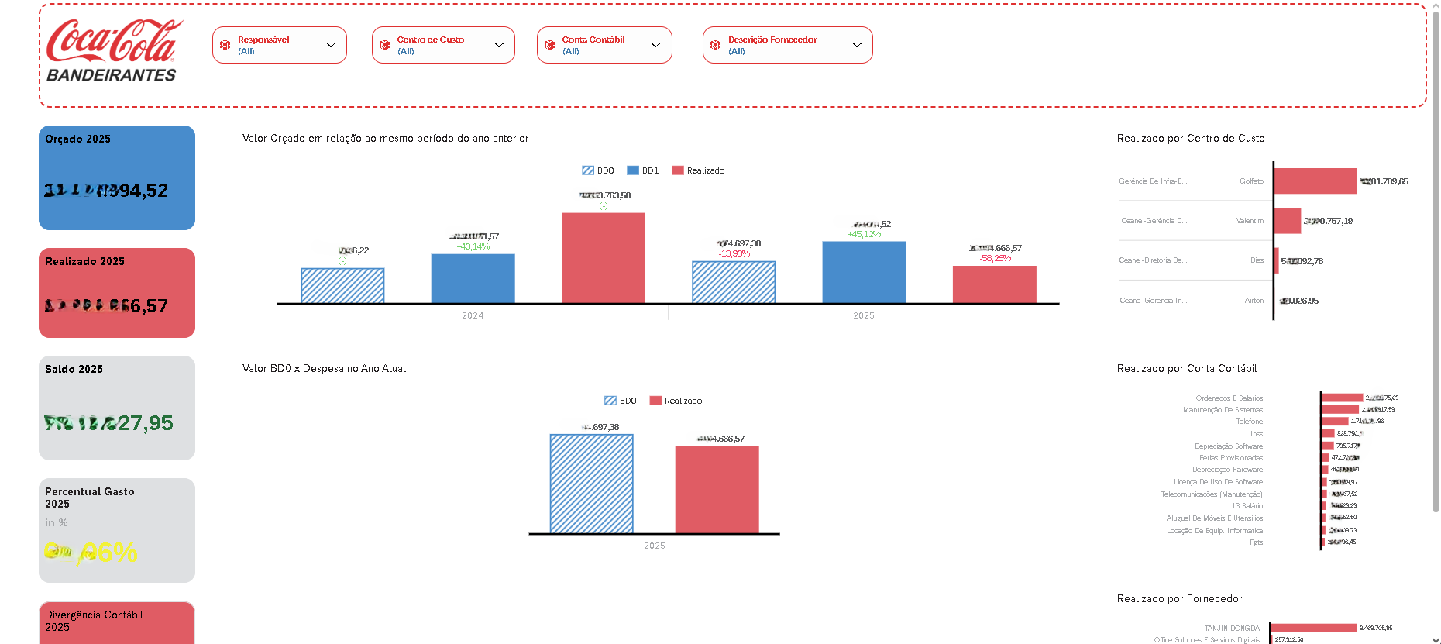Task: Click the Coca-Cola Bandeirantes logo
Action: (113, 51)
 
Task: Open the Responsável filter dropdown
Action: (279, 45)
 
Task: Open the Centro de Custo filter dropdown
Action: (442, 45)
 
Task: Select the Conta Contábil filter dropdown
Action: (604, 45)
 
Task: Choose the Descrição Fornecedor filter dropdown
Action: (787, 45)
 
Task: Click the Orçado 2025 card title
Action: (77, 139)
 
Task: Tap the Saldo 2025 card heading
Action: (74, 370)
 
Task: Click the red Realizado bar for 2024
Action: (603, 258)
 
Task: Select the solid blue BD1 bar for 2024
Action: (473, 278)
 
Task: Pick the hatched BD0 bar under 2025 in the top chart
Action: (733, 282)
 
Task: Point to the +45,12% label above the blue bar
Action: (864, 235)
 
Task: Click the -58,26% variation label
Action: (995, 259)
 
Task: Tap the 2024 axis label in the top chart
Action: (473, 315)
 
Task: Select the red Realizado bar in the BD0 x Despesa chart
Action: (717, 489)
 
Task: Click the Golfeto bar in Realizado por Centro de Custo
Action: (1315, 181)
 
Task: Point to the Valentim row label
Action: (1250, 221)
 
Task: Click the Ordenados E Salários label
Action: (1229, 398)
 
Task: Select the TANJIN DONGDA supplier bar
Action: (1313, 628)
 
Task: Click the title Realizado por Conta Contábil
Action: (1187, 369)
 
